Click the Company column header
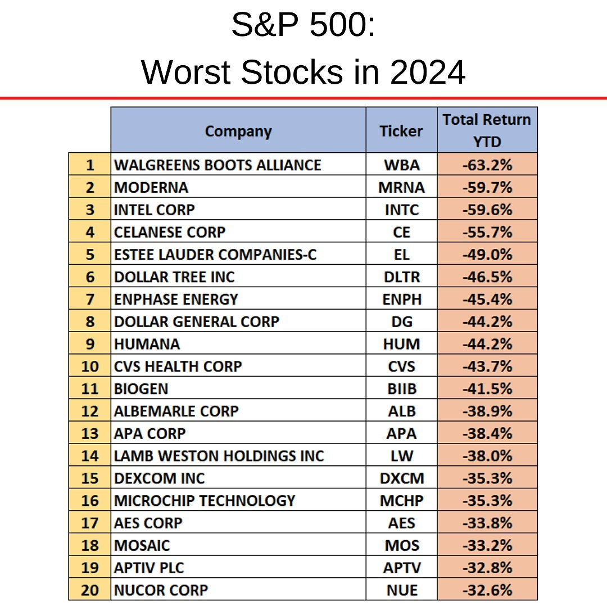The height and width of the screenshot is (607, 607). [238, 131]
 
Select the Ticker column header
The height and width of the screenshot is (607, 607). [401, 131]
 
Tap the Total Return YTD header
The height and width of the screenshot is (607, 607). [487, 130]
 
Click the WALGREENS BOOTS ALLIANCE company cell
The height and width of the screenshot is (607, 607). [218, 165]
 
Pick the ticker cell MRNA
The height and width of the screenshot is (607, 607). [401, 187]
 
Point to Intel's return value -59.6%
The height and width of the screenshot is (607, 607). [487, 210]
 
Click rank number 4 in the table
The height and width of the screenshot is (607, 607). [90, 232]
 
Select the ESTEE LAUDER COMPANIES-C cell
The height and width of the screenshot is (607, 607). [215, 255]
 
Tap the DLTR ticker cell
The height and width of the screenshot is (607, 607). [401, 277]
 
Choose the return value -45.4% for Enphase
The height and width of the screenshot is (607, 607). [487, 299]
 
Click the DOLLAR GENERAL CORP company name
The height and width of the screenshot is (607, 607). [197, 321]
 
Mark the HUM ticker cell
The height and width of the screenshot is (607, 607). [401, 344]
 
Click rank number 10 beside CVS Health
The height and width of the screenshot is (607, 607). [90, 366]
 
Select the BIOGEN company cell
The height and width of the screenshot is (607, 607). [141, 389]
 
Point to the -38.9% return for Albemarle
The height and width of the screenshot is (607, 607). [487, 411]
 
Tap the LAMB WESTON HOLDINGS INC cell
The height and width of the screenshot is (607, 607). [219, 456]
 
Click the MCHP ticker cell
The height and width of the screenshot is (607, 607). [401, 500]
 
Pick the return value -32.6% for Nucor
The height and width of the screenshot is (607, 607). [487, 590]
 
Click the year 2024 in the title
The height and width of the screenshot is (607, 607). [428, 73]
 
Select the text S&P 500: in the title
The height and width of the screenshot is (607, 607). [303, 25]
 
